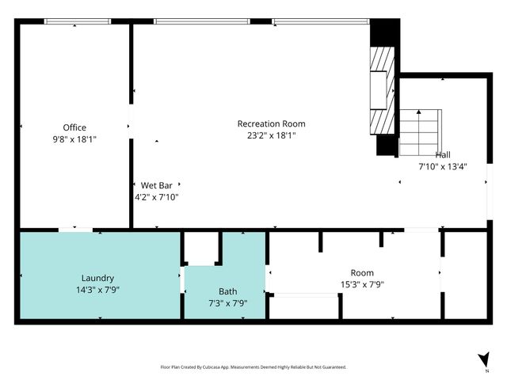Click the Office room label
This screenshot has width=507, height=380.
point(75,127)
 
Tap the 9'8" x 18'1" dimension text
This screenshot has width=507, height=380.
point(75,139)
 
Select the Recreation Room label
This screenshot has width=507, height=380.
point(272,123)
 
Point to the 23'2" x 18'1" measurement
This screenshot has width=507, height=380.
point(272,135)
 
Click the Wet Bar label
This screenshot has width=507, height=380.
point(157,185)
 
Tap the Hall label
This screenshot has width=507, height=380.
point(444,155)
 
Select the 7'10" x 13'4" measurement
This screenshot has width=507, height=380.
point(443,166)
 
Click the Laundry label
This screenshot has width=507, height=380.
point(98,278)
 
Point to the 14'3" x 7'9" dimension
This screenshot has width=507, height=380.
point(98,289)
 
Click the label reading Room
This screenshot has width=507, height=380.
point(362,272)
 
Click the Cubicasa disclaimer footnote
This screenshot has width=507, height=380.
point(253,367)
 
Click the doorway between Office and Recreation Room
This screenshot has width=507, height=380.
point(131,125)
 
